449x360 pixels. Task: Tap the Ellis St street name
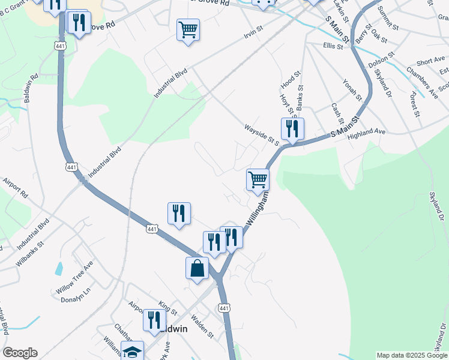point(333,46)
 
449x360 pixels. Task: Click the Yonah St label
point(352,89)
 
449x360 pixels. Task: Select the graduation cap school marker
point(133,352)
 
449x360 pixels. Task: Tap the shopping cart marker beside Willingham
point(258,179)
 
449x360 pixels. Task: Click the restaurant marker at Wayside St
point(292,129)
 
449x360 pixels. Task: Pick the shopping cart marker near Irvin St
point(188,30)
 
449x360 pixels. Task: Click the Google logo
point(20,353)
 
